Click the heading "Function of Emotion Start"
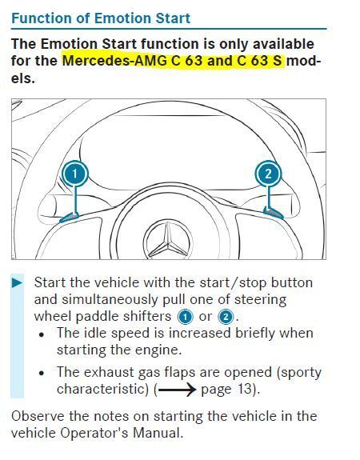(x=101, y=18)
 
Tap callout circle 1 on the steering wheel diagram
(x=74, y=174)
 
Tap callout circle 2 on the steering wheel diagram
(x=268, y=174)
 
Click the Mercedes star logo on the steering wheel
(x=168, y=240)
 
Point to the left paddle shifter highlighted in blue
(x=70, y=218)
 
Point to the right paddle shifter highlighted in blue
(x=274, y=212)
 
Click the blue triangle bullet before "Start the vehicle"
(x=18, y=283)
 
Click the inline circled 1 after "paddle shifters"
(x=185, y=317)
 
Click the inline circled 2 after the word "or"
(x=226, y=317)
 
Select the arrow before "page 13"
(x=177, y=390)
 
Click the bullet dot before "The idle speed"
(x=42, y=334)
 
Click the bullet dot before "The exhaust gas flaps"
(x=42, y=374)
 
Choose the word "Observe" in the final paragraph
(x=38, y=416)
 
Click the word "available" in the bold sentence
(x=283, y=44)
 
